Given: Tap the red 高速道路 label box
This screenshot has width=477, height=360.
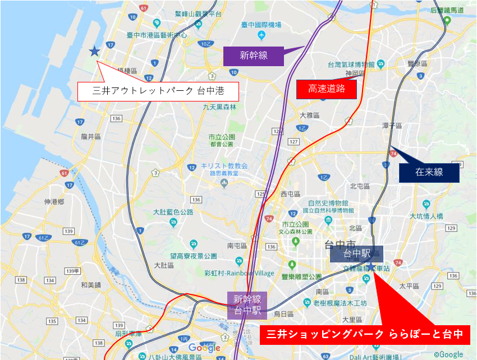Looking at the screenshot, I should pos(326,89).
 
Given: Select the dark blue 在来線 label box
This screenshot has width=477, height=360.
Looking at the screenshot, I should pos(429,172).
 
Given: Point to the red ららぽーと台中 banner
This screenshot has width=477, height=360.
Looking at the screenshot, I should pos(365,335).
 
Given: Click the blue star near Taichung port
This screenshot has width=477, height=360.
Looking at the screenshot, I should pos(94,52).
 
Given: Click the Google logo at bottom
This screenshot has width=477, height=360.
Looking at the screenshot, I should pos(205,348).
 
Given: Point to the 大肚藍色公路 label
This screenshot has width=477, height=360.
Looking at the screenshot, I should pos(173,212).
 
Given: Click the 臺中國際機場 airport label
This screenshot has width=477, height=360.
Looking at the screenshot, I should pos(260,25).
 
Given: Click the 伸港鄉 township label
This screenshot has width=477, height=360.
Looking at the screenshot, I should pos(55,201).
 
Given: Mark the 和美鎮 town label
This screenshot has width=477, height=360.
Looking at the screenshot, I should pos(90,285).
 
